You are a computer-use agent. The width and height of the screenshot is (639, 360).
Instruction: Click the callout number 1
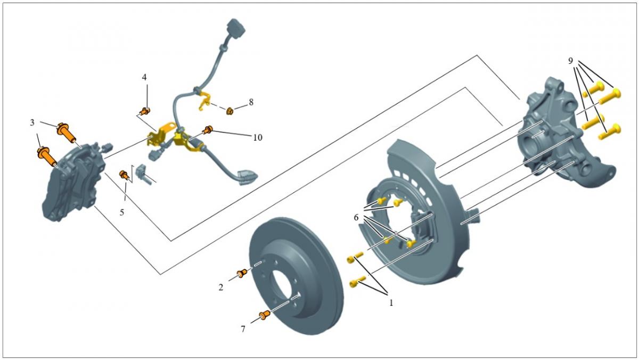click(x=391, y=302)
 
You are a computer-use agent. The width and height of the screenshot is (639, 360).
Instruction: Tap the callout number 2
click(x=220, y=288)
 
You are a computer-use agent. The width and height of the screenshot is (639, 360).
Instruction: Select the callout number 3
click(x=32, y=123)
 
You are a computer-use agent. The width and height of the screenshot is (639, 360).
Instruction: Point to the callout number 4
click(x=144, y=78)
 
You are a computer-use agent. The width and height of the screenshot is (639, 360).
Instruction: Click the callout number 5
click(x=122, y=212)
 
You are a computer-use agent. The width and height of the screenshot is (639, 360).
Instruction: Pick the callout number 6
click(x=356, y=217)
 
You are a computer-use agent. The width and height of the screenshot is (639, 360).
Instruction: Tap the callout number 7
click(x=243, y=329)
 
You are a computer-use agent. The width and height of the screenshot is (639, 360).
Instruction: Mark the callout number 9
click(x=570, y=61)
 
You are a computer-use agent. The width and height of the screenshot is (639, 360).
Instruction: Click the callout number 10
click(x=258, y=137)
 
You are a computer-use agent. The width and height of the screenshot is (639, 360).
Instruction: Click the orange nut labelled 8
click(x=230, y=111)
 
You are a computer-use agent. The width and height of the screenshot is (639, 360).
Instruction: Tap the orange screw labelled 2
click(x=242, y=273)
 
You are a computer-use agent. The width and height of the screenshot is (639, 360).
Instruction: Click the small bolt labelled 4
click(x=143, y=111)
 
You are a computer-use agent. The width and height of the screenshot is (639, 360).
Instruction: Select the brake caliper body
click(x=72, y=181)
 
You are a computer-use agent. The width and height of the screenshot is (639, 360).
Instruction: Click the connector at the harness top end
click(x=234, y=28)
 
